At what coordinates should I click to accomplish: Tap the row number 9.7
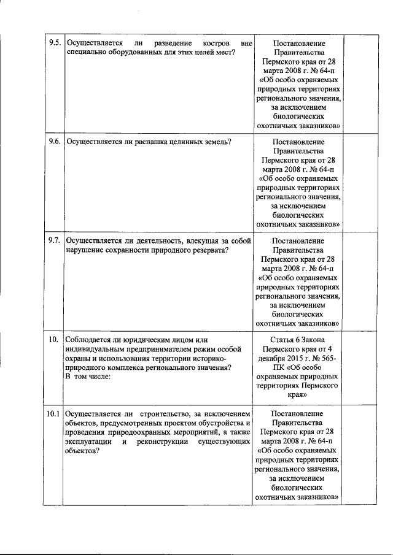click(x=55, y=240)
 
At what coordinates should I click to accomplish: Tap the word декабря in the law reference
click(x=273, y=358)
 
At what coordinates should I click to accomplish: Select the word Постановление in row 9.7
click(x=298, y=240)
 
